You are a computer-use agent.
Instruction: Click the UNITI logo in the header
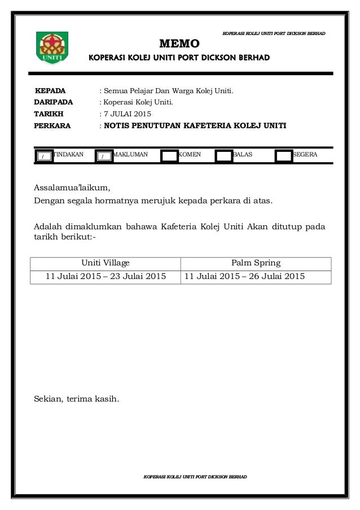(52, 47)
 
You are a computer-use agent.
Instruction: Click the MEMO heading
(179, 43)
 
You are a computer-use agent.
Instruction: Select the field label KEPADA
(50, 90)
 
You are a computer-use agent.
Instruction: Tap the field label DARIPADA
(54, 102)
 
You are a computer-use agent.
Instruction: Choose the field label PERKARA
(52, 126)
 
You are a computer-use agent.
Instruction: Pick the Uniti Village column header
(106, 263)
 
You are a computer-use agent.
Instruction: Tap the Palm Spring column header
(256, 263)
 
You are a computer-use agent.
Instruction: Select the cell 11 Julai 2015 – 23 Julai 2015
(106, 276)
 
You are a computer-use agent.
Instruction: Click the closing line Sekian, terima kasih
(77, 399)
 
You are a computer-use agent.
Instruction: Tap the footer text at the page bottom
(195, 477)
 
